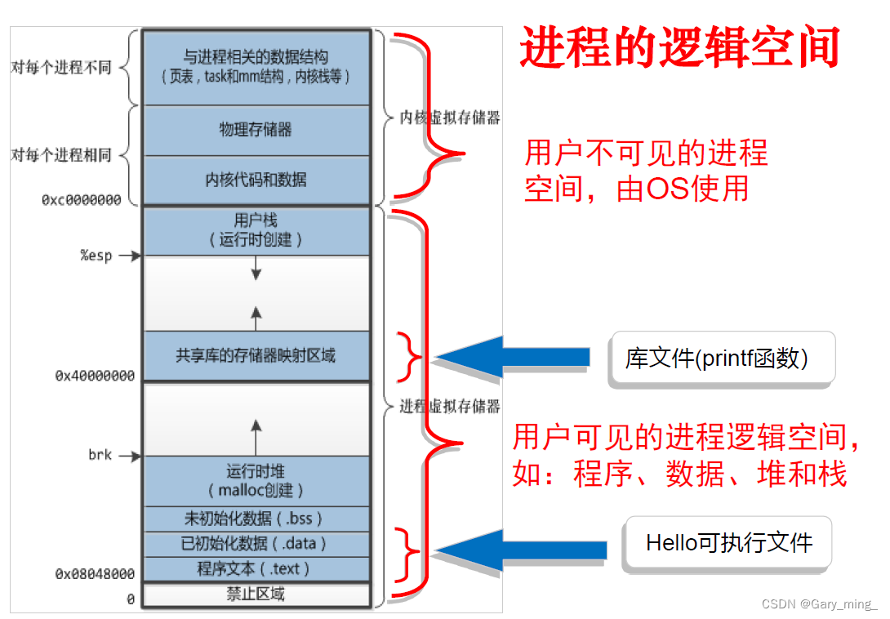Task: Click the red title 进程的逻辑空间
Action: [680, 47]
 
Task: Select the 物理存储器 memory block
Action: [256, 130]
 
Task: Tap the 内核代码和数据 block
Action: [256, 180]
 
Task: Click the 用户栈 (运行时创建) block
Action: [256, 229]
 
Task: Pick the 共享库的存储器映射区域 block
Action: [256, 355]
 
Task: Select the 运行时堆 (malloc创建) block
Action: [256, 480]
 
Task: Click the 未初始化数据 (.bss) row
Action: [256, 519]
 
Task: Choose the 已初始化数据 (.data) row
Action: [256, 544]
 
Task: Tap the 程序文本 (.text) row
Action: [256, 569]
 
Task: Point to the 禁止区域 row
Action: [256, 595]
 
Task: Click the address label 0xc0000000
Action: [82, 200]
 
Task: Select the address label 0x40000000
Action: [95, 376]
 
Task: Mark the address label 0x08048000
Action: [95, 574]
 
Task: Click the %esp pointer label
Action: [96, 256]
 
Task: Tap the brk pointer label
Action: [100, 455]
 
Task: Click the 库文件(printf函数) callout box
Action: [721, 358]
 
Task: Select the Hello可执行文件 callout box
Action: [728, 543]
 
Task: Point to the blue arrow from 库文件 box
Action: [514, 357]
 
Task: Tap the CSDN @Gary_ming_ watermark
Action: [819, 604]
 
